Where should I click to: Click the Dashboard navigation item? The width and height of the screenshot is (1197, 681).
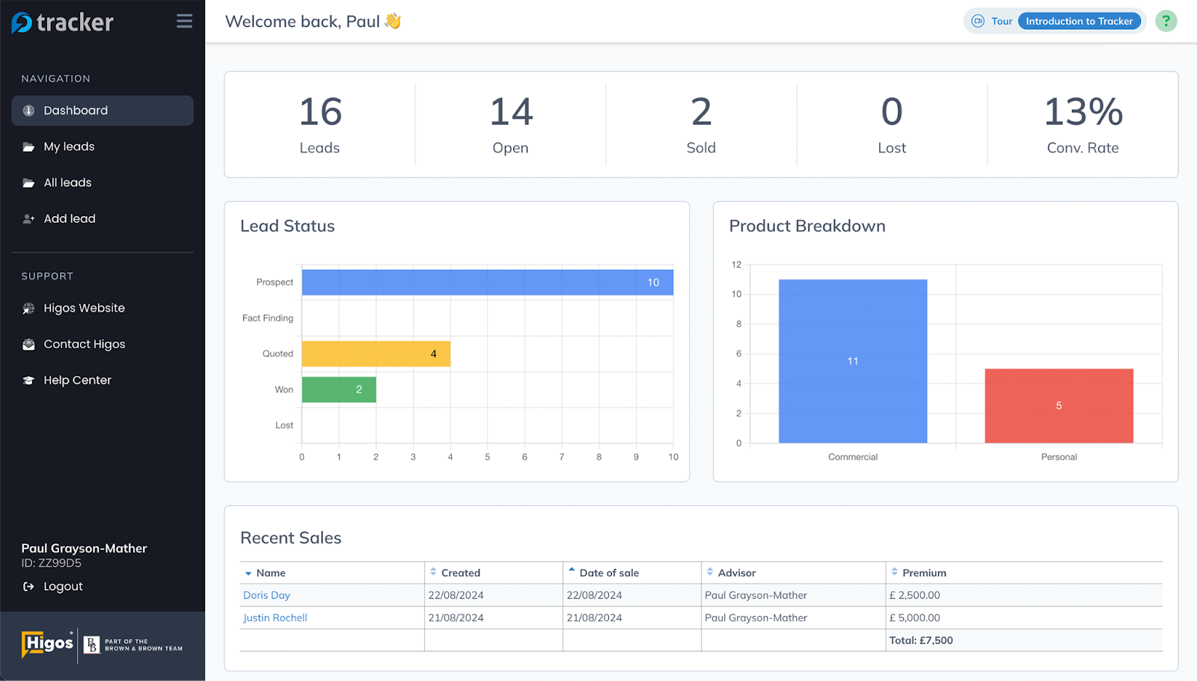coord(76,111)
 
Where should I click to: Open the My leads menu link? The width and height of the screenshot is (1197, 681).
coord(69,147)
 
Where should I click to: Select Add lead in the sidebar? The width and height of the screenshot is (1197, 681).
coord(70,219)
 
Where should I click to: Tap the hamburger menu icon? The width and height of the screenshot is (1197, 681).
coord(184,22)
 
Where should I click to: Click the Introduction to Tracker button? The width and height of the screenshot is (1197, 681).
coord(1078,21)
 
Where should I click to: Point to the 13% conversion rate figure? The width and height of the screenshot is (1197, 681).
coord(1083,112)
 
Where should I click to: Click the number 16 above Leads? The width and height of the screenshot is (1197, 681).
coord(320,112)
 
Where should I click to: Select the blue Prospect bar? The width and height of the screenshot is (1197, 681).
coord(486,283)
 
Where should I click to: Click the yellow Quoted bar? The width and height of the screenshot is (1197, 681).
coord(376,354)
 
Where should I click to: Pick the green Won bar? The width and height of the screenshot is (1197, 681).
coord(339,389)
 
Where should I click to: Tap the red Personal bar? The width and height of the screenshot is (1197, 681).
coord(1059,406)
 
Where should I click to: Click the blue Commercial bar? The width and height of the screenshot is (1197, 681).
coord(852,361)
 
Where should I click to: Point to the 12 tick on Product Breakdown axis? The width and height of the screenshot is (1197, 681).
coord(736,265)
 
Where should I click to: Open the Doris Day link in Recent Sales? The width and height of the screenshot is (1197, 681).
coord(266,596)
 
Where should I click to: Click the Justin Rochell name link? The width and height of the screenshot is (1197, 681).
coord(275,618)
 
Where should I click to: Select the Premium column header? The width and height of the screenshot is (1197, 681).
coord(924,573)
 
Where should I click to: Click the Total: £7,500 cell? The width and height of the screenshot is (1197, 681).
coord(921,641)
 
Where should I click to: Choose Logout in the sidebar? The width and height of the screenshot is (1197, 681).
coord(63,587)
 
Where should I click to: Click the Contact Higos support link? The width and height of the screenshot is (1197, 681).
coord(84,345)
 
